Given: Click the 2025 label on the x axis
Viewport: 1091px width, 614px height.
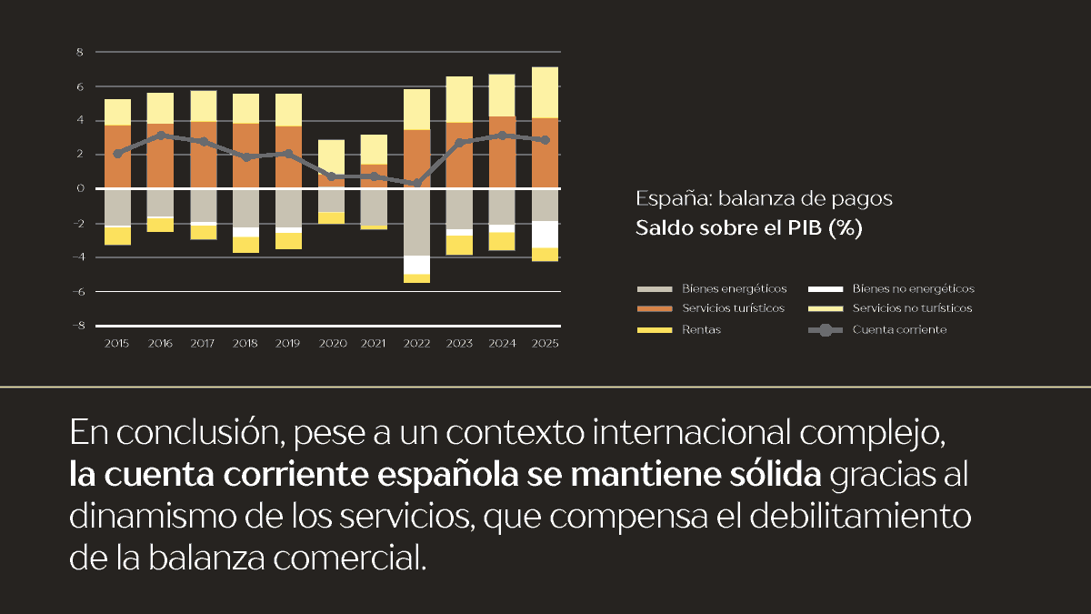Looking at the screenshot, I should click(x=545, y=344).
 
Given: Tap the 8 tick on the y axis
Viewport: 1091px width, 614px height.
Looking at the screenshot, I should click(x=80, y=52).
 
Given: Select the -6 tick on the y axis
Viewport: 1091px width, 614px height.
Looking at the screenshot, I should click(x=78, y=291).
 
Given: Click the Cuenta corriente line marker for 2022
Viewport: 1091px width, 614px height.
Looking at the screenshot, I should click(x=417, y=183).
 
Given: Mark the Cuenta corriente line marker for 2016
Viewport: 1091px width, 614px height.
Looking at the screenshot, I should click(x=160, y=136).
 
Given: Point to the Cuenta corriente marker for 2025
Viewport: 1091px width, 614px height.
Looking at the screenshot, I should click(x=545, y=140).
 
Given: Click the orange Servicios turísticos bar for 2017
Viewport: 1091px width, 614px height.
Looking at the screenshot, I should click(x=204, y=155).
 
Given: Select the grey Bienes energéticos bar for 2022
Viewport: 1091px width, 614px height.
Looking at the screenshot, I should click(x=417, y=222).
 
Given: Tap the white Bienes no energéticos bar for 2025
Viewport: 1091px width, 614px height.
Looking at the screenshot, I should click(x=545, y=234).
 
